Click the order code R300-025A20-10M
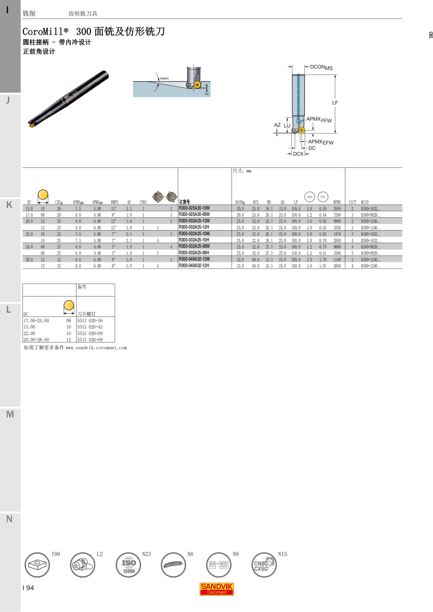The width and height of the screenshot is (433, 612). (x=194, y=208)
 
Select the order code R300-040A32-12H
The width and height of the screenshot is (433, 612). (x=194, y=266)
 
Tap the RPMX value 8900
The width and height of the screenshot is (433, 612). (x=337, y=221)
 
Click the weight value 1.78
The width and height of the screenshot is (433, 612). (x=323, y=260)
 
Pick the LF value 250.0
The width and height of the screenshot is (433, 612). (x=296, y=260)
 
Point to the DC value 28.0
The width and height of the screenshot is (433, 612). (x=29, y=260)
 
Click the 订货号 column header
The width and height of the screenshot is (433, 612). (x=184, y=202)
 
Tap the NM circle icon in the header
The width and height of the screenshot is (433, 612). (x=310, y=197)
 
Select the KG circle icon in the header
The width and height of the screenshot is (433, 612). (x=323, y=197)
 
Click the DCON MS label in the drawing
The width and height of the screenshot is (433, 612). (x=321, y=67)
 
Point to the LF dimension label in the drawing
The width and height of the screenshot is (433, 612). (x=335, y=103)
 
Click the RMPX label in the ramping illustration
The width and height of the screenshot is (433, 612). (x=165, y=79)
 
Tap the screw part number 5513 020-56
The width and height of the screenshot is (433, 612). (x=90, y=320)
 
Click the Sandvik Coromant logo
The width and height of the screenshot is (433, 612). (x=217, y=589)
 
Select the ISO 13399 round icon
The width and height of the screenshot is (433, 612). (x=128, y=565)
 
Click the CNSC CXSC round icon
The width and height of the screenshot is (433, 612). (x=263, y=565)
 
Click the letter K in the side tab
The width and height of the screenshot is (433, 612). (x=9, y=205)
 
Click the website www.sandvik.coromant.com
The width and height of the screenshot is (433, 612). (x=96, y=348)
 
